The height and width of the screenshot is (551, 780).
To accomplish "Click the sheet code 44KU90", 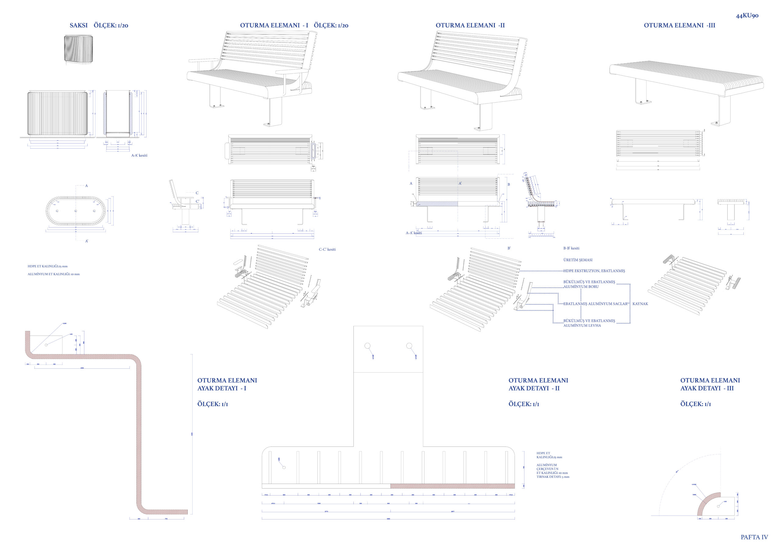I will pos(747,16).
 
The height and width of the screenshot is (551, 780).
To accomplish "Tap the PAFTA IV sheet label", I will pos(754,537).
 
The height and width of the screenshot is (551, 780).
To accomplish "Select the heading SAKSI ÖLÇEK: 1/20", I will pos(99,26).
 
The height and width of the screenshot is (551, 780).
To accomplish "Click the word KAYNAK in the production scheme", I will pos(640,304).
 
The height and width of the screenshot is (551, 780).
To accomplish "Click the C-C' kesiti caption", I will pos(327,249).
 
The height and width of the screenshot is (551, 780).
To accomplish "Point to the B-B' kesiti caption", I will pos(571,248).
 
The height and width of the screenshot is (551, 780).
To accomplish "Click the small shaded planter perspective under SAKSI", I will pos(79,50).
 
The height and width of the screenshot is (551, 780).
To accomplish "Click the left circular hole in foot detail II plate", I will pos(367,346).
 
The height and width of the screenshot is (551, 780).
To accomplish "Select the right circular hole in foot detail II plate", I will pos(409,346).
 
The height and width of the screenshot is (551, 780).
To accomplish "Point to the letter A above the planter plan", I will pos(87,186).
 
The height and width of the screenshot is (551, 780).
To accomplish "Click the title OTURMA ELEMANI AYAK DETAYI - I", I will pos(227,384).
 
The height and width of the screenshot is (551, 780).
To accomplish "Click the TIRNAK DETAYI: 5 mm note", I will pos(553,477).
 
